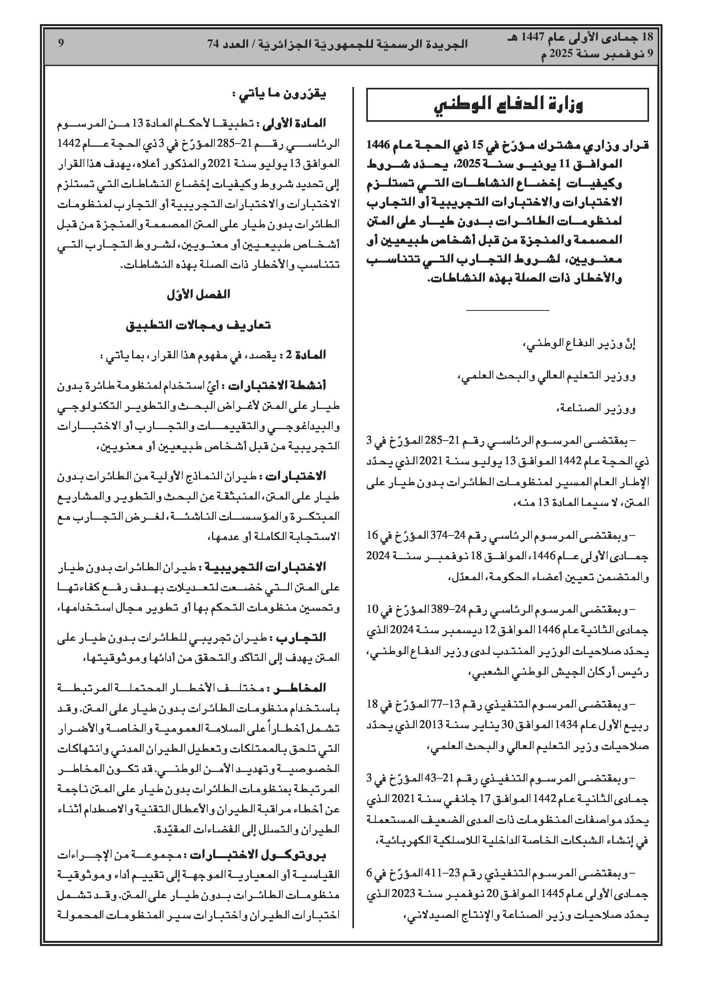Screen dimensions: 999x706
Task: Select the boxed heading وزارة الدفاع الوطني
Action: (x=507, y=105)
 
